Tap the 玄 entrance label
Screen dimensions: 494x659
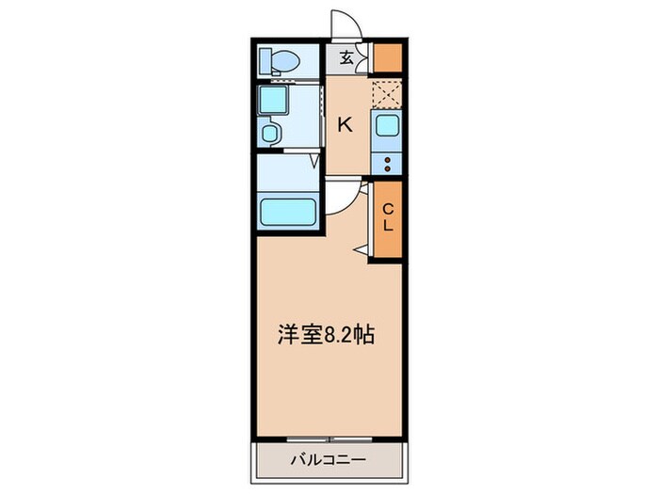(346, 57)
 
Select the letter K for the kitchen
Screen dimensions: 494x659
(346, 124)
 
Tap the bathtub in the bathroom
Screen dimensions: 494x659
(287, 210)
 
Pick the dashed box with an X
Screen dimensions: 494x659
(386, 93)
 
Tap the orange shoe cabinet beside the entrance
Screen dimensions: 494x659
(387, 57)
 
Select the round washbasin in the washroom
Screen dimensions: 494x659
(270, 133)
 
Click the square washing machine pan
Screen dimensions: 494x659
(273, 99)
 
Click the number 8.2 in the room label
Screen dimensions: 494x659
(342, 335)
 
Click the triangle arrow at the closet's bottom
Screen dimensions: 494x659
(361, 249)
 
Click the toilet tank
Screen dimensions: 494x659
(265, 58)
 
